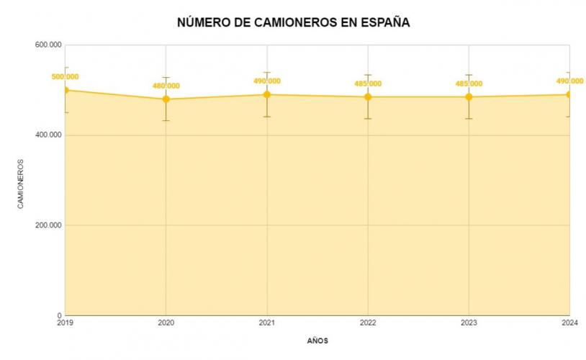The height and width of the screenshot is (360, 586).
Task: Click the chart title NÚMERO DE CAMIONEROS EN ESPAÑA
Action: [293, 22]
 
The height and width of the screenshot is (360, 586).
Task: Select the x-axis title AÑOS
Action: [317, 341]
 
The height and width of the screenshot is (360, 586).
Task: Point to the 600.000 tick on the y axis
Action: [48, 45]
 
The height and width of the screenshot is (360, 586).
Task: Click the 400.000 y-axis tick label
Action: [48, 135]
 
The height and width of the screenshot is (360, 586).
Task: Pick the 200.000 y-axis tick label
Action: [48, 225]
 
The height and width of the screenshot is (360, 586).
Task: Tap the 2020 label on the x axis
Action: [166, 322]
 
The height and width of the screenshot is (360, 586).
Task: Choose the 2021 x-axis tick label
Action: [267, 322]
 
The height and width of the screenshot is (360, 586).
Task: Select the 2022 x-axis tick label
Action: [368, 322]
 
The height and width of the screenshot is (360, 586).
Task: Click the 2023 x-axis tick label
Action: [469, 322]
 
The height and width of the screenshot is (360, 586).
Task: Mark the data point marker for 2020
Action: [166, 99]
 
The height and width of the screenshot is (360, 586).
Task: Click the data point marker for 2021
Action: [267, 94]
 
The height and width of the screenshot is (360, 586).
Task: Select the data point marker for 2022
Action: [368, 96]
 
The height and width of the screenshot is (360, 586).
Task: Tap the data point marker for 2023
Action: [469, 96]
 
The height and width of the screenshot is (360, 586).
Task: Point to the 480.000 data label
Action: [166, 86]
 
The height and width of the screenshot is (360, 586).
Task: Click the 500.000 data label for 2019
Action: [66, 76]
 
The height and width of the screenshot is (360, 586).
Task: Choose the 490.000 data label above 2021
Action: [267, 81]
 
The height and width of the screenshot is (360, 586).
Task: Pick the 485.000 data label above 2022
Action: [368, 84]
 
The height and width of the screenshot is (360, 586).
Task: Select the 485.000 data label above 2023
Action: [469, 84]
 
